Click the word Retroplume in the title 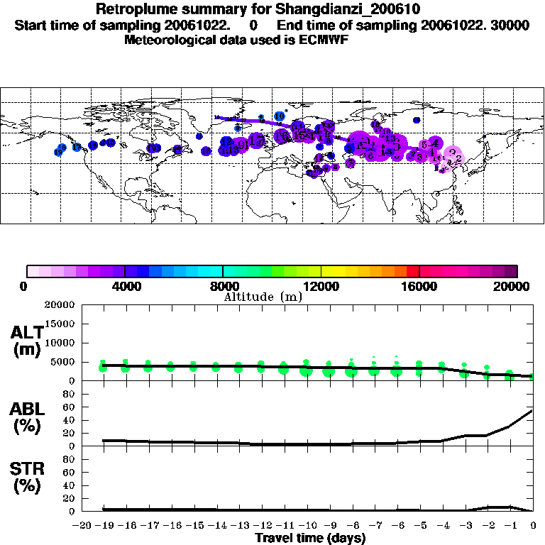coord(133,9)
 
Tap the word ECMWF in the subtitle coord(321,40)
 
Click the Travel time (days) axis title coord(310,538)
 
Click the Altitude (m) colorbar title coord(263,297)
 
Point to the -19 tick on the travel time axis coord(102,525)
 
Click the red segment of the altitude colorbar coord(413,270)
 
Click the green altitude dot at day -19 coord(103,366)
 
